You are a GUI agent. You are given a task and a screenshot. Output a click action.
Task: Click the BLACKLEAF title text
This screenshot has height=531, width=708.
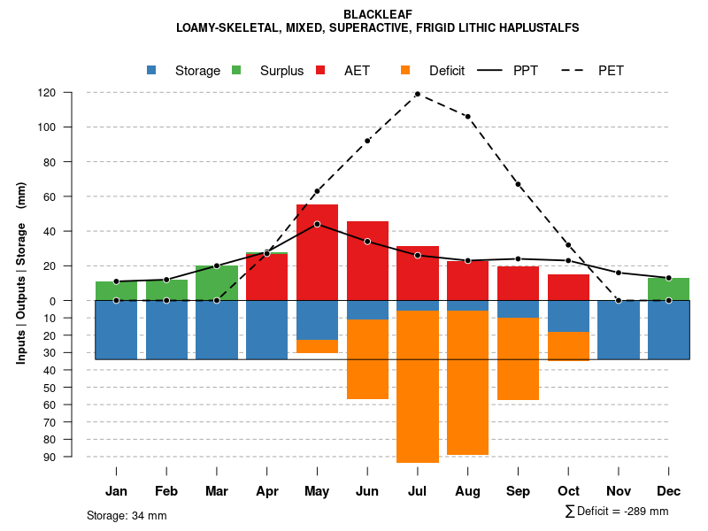(377, 14)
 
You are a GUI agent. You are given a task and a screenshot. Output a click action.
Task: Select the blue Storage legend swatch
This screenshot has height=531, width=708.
(151, 70)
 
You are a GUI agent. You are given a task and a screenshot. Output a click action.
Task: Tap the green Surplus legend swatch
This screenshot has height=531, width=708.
(236, 70)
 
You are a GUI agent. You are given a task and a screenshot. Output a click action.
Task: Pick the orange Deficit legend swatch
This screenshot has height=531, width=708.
(405, 70)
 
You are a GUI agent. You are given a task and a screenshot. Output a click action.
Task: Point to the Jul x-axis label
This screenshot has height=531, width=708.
(418, 491)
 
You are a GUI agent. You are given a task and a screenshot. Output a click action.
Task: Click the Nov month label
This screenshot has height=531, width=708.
(619, 491)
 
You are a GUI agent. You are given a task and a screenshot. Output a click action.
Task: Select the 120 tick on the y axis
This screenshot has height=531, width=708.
(47, 92)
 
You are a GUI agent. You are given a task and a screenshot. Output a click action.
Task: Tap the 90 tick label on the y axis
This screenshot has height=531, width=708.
(50, 457)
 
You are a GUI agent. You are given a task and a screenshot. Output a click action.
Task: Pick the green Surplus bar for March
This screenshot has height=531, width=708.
(217, 283)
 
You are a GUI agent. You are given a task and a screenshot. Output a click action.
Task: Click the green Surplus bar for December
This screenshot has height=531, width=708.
(668, 289)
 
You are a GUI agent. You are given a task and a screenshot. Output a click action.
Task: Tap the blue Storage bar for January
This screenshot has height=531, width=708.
(116, 330)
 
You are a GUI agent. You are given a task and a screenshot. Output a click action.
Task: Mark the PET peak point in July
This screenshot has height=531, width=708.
(418, 94)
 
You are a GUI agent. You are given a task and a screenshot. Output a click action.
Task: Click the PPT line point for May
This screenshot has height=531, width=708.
(317, 224)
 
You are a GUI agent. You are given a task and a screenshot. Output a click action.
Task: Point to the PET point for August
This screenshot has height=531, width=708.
(467, 117)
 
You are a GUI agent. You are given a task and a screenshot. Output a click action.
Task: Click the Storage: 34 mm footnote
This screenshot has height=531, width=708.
(127, 515)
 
